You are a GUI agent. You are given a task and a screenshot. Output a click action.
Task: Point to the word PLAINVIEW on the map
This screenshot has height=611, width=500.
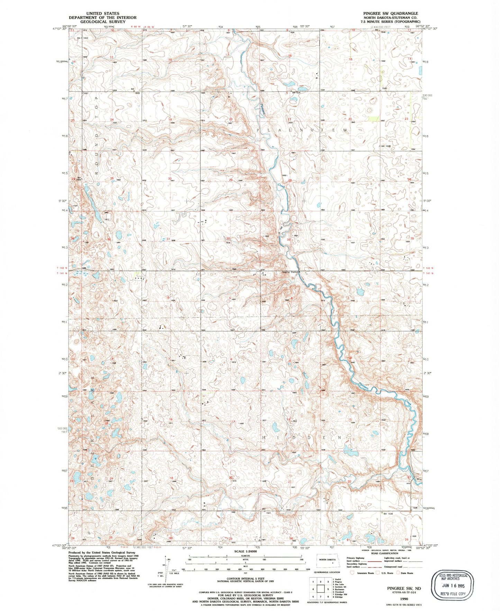[301, 130]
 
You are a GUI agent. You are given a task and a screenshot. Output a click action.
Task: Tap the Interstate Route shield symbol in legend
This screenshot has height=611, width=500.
[353, 573]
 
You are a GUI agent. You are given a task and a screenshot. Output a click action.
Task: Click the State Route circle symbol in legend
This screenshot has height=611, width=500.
[398, 573]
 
